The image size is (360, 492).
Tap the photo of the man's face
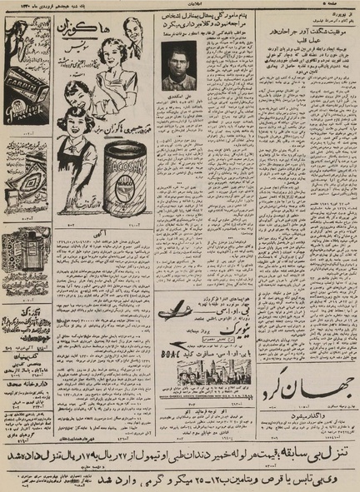tap(178, 69)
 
